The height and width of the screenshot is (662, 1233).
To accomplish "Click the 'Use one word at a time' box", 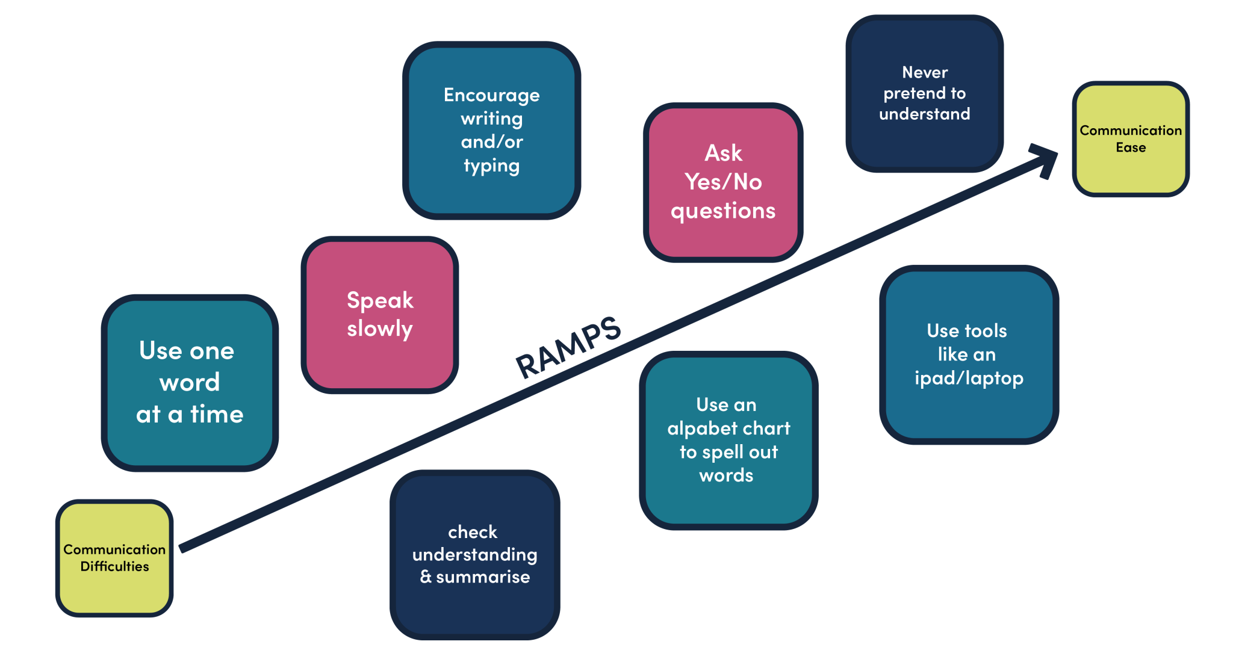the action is pyautogui.click(x=190, y=383).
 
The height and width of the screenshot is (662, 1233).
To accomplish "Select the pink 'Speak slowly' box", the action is pyautogui.click(x=380, y=315).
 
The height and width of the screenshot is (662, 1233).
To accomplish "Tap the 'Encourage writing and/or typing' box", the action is pyautogui.click(x=492, y=131).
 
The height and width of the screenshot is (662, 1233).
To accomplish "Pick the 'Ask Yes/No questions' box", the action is pyautogui.click(x=723, y=182).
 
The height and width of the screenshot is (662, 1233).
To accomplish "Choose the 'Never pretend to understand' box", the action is pyautogui.click(x=925, y=93).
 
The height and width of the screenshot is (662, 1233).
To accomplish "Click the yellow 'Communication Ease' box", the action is pyautogui.click(x=1131, y=139).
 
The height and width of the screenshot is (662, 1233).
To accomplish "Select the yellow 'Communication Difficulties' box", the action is pyautogui.click(x=114, y=558).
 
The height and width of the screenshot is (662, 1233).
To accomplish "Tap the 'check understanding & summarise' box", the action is pyautogui.click(x=475, y=555).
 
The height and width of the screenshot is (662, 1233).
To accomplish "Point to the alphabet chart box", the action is pyautogui.click(x=728, y=441).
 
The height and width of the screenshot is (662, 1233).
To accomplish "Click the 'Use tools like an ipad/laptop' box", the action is pyautogui.click(x=969, y=355).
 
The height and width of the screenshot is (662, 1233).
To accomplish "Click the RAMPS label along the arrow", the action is pyautogui.click(x=568, y=348).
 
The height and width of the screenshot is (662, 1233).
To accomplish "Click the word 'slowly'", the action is pyautogui.click(x=380, y=329).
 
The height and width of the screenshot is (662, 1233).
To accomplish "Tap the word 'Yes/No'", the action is pyautogui.click(x=723, y=182).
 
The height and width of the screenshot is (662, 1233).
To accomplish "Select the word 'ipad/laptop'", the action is pyautogui.click(x=969, y=379).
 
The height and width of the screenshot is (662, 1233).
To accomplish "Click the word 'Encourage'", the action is pyautogui.click(x=492, y=96).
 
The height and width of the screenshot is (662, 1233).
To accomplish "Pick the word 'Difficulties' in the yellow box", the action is pyautogui.click(x=114, y=566).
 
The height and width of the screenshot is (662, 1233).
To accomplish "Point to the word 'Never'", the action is pyautogui.click(x=925, y=72).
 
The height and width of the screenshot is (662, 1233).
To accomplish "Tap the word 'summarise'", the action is pyautogui.click(x=483, y=577).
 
